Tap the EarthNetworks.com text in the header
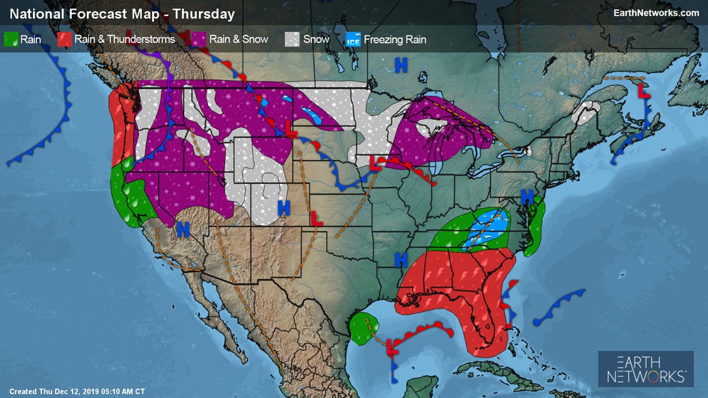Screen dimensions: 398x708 pyautogui.click(x=656, y=12)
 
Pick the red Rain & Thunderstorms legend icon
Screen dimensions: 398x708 pyautogui.click(x=65, y=40)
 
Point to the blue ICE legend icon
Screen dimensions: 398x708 pyautogui.click(x=352, y=40)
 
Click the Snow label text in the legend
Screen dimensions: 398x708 pyautogui.click(x=316, y=40)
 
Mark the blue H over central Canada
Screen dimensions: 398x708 pyautogui.click(x=401, y=65)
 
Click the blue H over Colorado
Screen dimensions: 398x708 pyautogui.click(x=284, y=207)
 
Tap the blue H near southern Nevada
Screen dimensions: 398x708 pyautogui.click(x=183, y=229)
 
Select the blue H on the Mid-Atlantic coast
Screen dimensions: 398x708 pyautogui.click(x=527, y=196)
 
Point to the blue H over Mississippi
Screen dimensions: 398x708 pyautogui.click(x=401, y=259)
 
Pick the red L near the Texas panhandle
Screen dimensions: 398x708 pyautogui.click(x=317, y=218)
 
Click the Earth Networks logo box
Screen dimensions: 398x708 pyautogui.click(x=646, y=369)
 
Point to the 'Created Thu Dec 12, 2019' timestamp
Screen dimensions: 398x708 pyautogui.click(x=77, y=391)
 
